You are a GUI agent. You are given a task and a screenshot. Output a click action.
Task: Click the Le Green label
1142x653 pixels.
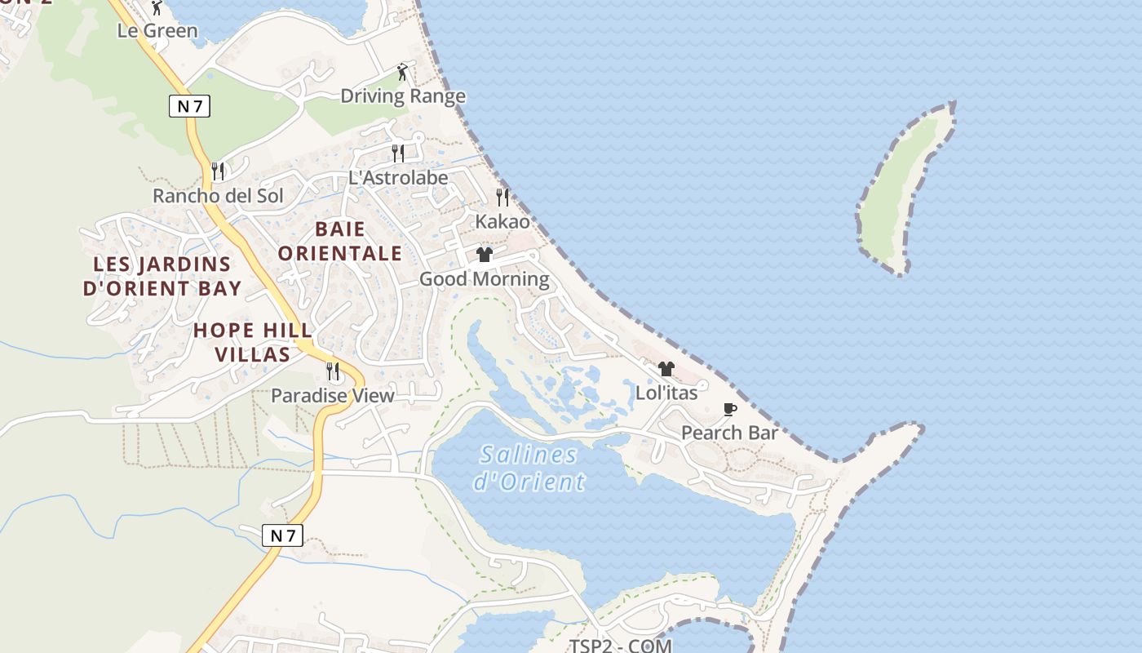click(x=157, y=31)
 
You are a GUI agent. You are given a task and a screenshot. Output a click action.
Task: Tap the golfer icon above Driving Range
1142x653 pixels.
click(x=401, y=73)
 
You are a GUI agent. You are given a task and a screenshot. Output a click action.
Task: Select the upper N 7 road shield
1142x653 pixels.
click(x=189, y=105)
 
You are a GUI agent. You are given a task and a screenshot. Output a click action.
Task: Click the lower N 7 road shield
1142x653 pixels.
click(x=282, y=535)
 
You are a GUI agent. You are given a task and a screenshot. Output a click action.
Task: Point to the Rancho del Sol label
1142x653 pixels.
click(x=219, y=196)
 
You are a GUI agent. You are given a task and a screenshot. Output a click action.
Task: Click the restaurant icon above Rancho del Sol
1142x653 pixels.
click(x=218, y=171)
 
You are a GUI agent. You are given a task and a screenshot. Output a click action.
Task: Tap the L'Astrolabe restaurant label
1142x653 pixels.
click(x=398, y=177)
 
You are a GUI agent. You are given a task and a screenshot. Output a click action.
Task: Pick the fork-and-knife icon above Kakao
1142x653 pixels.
click(x=502, y=197)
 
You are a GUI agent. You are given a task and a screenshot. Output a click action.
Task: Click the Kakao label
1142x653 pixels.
click(x=502, y=221)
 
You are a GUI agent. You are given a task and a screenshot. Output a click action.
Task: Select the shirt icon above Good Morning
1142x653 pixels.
click(x=485, y=255)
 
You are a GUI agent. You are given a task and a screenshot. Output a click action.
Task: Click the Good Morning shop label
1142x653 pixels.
click(x=485, y=279)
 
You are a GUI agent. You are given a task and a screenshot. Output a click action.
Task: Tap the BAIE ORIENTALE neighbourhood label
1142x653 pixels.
click(x=339, y=241)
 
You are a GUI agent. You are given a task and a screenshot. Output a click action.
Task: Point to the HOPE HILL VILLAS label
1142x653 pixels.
click(x=253, y=342)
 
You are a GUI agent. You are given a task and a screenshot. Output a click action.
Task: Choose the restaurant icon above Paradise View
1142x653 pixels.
click(x=333, y=371)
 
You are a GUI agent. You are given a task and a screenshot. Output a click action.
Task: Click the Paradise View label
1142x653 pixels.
click(x=333, y=396)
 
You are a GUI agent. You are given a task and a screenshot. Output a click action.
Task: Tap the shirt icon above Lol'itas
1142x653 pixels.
click(x=666, y=369)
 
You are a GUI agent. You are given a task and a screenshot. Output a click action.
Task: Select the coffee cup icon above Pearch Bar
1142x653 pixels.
click(x=730, y=409)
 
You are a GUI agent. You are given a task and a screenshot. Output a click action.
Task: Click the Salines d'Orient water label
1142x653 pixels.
click(x=529, y=468)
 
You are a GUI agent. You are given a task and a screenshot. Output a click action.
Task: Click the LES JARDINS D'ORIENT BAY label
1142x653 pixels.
click(x=162, y=276)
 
